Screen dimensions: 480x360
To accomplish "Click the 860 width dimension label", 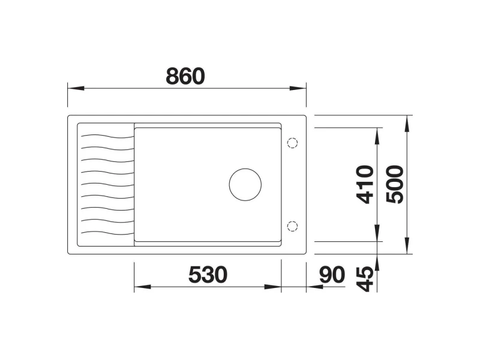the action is pos(185,76).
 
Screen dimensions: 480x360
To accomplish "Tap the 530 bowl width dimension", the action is pos(208,275).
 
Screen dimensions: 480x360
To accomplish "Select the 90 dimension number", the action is pos(332,275).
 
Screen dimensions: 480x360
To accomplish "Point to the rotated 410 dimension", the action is pos(365,184).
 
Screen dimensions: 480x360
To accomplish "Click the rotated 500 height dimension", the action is pos(395,184).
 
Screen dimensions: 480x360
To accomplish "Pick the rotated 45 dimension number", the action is pos(365,279).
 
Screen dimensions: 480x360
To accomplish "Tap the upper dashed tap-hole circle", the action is pos(292,143).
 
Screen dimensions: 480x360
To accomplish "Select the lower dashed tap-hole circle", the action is pos(292,226).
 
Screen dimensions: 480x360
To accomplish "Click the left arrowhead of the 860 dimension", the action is pos(76,88).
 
